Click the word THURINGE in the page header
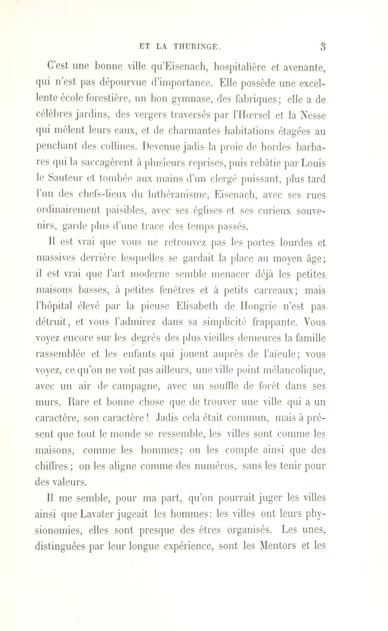196,47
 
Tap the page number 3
323,47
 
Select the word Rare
77,402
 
